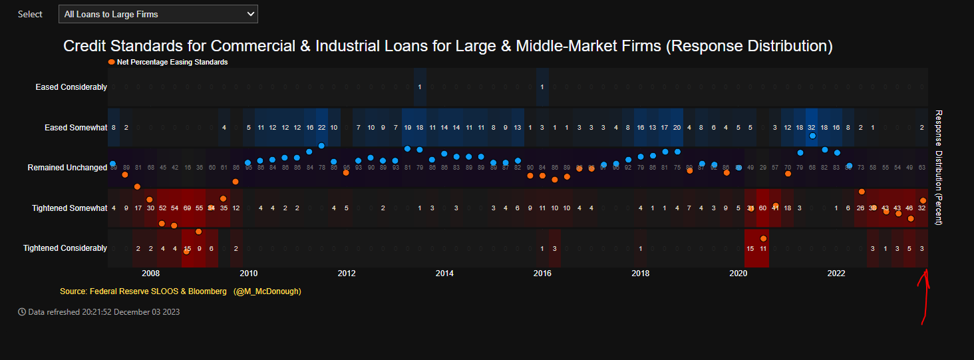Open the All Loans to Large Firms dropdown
[158, 14]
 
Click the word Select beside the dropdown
[30, 14]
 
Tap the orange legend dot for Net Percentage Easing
[111, 62]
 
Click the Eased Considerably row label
[71, 87]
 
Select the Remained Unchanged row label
[67, 168]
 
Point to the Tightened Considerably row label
[65, 248]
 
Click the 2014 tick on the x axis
[444, 273]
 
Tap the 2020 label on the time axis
[738, 273]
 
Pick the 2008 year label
[150, 273]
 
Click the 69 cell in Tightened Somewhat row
[187, 208]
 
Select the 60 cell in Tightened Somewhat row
[762, 208]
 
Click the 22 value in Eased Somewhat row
[321, 127]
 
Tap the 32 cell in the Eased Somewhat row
[812, 127]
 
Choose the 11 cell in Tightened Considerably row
[762, 248]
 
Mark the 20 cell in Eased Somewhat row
[677, 127]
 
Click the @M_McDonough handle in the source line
[267, 291]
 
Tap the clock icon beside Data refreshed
[22, 311]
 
